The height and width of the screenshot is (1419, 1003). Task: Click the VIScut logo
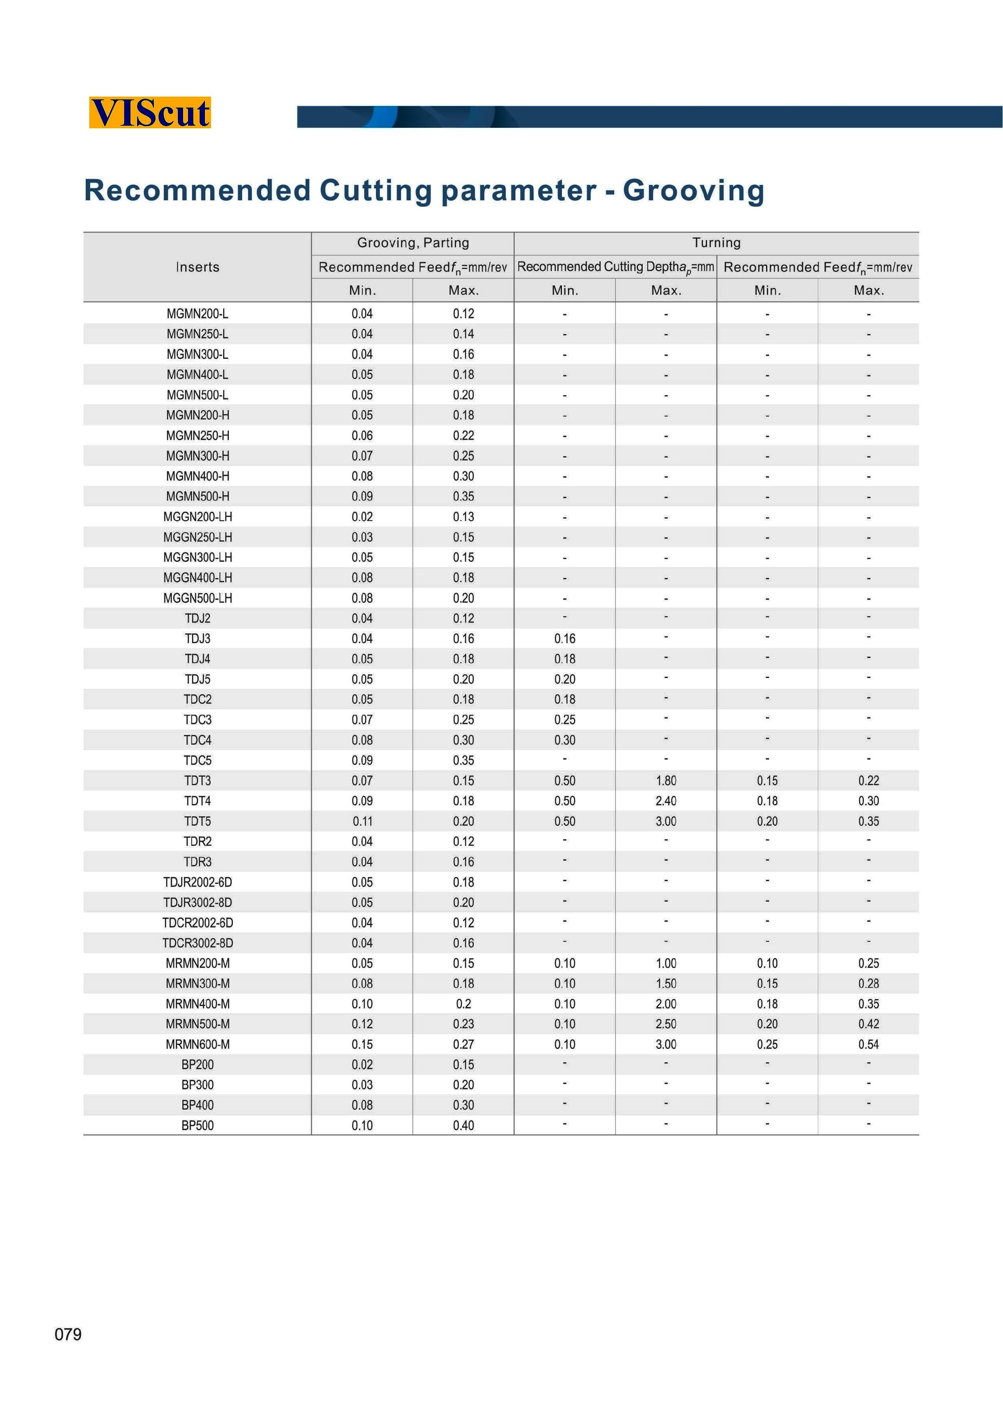pos(150,112)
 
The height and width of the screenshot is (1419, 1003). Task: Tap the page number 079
pos(68,1334)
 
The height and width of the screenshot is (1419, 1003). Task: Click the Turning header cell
pos(716,243)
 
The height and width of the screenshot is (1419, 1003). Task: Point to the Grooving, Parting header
pos(413,243)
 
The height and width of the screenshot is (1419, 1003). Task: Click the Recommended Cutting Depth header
pos(615,267)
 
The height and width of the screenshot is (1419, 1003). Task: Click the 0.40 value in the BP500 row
pos(463,1125)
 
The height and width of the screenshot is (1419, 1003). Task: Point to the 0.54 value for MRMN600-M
pos(868,1044)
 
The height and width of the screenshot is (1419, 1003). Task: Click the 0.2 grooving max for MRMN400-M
pos(463,1004)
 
